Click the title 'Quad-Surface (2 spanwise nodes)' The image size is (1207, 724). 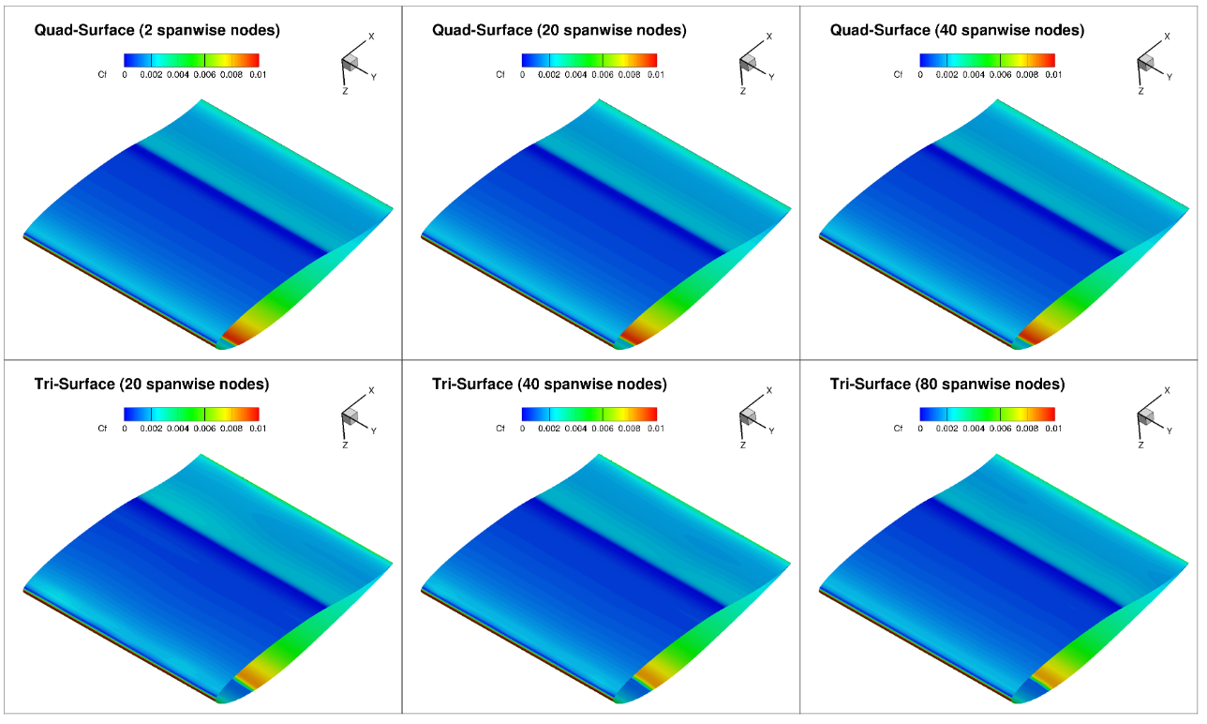(x=156, y=31)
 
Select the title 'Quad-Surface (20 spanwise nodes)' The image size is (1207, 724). (x=559, y=31)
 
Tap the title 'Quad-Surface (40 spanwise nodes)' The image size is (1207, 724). (x=957, y=31)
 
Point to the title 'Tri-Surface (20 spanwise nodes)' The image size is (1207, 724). (x=152, y=385)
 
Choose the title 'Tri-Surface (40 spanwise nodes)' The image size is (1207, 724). (x=549, y=385)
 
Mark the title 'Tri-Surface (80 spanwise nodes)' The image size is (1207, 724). (x=947, y=385)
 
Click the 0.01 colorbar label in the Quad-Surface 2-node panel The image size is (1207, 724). (x=258, y=74)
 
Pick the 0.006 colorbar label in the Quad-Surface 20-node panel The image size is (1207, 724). (x=602, y=74)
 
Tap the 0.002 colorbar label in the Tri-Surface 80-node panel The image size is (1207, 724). (x=946, y=429)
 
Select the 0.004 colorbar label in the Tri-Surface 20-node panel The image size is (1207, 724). (x=178, y=429)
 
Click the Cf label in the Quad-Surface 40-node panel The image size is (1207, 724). (x=898, y=74)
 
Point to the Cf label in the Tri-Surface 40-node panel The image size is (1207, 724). (x=500, y=429)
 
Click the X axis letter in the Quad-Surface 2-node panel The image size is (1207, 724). (x=371, y=37)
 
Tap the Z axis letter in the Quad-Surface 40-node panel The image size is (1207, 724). (x=1140, y=92)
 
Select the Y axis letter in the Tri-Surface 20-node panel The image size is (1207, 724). (x=373, y=431)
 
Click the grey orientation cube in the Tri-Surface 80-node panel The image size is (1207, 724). (x=1145, y=415)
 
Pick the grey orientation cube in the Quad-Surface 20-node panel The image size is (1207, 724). (x=747, y=62)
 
